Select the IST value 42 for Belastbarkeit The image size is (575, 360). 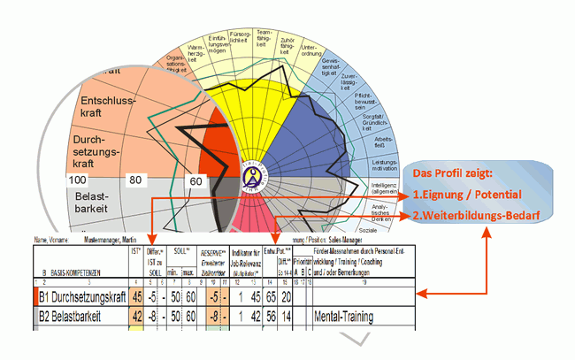pos(136,316)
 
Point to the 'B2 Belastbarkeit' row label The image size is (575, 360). pos(68,316)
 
